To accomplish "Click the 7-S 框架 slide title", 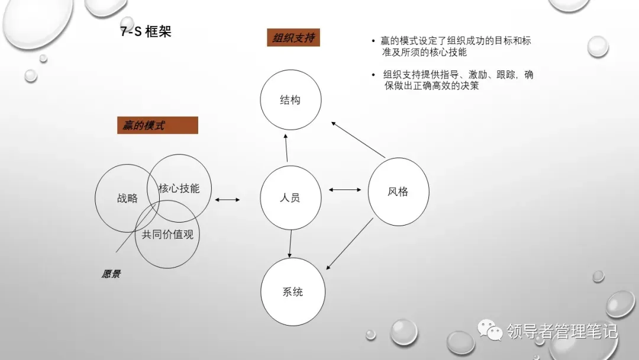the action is point(146,31).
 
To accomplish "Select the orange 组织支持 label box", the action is point(293,38).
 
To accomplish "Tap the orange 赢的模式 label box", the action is point(157,126).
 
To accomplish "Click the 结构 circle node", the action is point(290,100).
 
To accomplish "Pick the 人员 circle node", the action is point(290,197).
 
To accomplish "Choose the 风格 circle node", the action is point(398,191).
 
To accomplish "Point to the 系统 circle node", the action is point(292,291).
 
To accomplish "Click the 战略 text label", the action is point(127,198).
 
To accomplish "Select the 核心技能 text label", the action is point(179,189).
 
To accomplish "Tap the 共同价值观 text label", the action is point(167,234).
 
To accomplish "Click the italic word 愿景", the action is point(111,274).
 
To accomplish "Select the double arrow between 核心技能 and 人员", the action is point(227,200).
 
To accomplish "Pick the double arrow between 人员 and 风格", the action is point(344,190).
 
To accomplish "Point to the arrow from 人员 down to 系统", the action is point(291,243).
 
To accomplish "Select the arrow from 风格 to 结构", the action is point(358,140).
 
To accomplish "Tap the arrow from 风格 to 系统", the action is point(350,243).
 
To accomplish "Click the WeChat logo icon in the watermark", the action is point(490,330).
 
